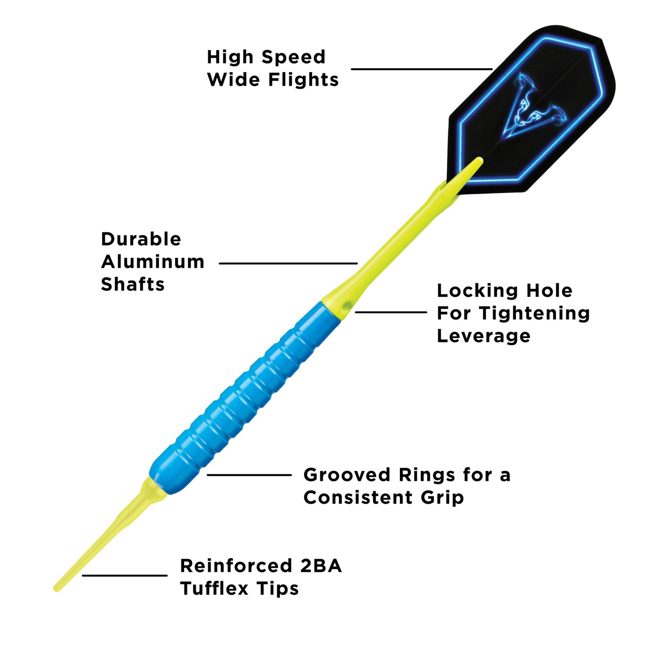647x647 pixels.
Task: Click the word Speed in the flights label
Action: (x=293, y=58)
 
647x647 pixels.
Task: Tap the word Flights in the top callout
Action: (x=303, y=80)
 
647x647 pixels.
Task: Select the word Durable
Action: (x=141, y=239)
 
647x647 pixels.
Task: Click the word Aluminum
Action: (x=153, y=262)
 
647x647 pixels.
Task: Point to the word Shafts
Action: (x=133, y=284)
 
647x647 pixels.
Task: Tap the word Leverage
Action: (x=484, y=336)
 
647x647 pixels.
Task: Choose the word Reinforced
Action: (x=236, y=566)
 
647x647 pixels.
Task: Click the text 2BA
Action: (x=321, y=566)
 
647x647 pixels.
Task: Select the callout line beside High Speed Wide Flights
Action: (x=421, y=69)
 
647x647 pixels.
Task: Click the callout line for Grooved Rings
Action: (x=249, y=475)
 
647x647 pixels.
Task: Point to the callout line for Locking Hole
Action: (x=391, y=312)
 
